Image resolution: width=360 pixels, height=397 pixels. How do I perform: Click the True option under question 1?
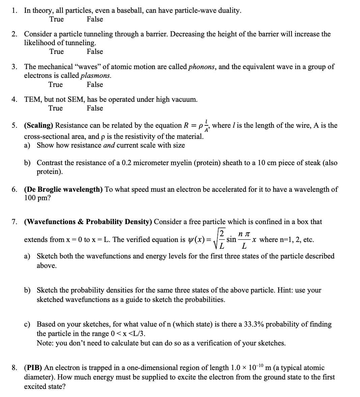56,19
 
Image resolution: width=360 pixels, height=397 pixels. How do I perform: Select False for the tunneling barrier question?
95,52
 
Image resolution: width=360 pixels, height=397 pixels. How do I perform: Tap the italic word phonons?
203,67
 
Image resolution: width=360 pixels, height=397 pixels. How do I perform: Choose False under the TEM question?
95,108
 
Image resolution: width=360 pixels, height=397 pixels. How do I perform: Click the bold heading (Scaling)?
38,125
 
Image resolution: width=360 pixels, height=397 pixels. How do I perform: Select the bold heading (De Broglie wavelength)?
63,189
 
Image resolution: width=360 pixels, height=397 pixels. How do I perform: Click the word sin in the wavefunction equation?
231,240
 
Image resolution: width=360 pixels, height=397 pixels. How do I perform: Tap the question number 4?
14,99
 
